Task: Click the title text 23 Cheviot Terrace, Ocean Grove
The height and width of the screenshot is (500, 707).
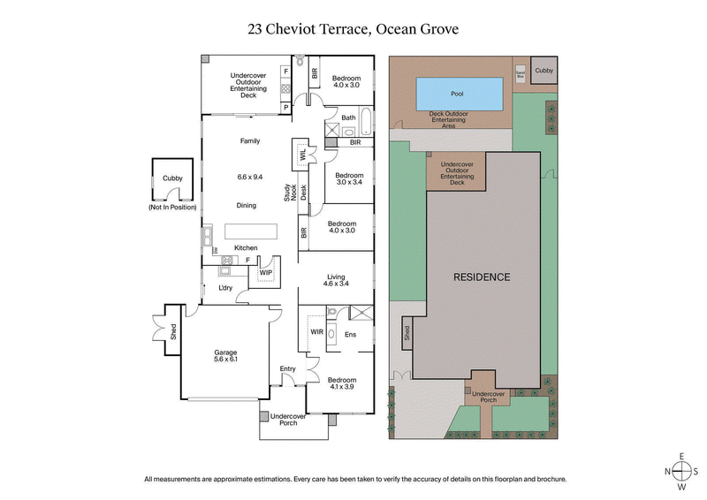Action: point(353,29)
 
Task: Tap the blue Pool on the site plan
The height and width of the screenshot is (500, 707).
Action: point(457,93)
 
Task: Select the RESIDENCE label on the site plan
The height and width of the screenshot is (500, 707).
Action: point(482,277)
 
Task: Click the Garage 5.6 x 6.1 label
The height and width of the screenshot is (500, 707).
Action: point(224,356)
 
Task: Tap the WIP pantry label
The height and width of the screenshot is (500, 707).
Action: point(265,273)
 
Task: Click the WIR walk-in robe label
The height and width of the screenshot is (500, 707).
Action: point(316,331)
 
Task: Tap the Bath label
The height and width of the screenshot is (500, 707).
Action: point(348,117)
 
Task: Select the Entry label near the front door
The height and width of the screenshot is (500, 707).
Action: point(287,368)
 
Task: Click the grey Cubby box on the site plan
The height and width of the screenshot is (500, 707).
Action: point(544,71)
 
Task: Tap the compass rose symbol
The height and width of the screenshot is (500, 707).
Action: point(681,471)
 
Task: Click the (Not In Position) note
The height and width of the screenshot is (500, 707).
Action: point(173,208)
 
